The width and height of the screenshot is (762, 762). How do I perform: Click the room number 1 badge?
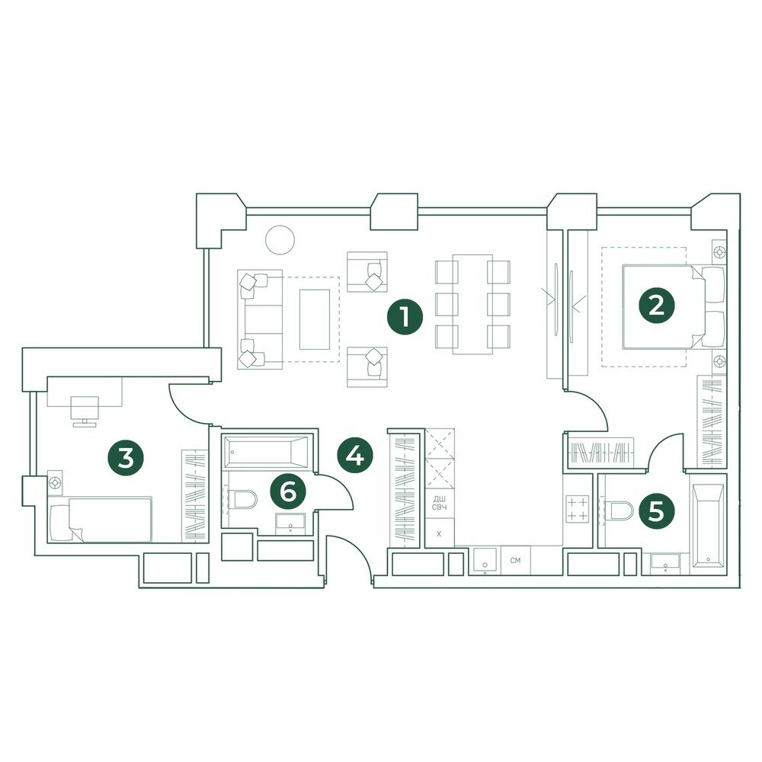click(x=405, y=317)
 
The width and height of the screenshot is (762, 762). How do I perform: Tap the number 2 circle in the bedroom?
click(x=656, y=306)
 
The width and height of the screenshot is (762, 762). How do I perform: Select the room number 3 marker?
click(x=126, y=458)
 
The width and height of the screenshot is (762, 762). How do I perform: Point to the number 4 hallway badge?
click(x=355, y=456)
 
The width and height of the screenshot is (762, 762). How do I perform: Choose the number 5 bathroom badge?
click(x=656, y=512)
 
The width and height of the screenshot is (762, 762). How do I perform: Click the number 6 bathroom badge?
click(x=289, y=491)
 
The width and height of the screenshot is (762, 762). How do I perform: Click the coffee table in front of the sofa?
click(x=315, y=319)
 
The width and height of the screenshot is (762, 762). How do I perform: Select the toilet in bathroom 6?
click(x=243, y=500)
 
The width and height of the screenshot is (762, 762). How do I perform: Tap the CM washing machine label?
click(x=516, y=560)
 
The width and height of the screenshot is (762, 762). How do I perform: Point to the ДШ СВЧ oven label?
click(x=440, y=502)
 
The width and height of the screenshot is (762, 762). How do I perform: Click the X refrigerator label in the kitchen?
click(x=440, y=534)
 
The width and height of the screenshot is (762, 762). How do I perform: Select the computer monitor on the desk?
click(x=85, y=411)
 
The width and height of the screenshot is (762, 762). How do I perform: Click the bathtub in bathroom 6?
click(x=265, y=452)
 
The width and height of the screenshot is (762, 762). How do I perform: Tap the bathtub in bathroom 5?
click(x=708, y=527)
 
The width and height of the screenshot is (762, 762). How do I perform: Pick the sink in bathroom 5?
click(x=665, y=563)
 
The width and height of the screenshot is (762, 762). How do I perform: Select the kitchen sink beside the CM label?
click(x=485, y=562)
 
